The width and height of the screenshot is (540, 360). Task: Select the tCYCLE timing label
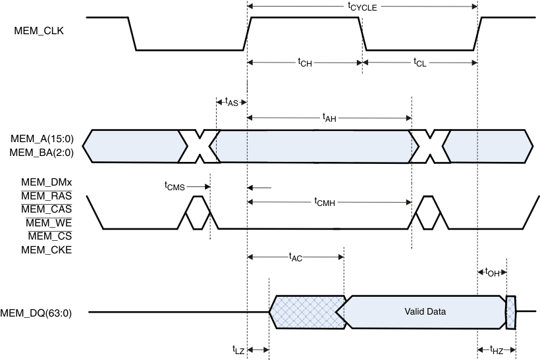point(362,7)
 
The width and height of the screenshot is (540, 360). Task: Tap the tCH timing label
point(304,63)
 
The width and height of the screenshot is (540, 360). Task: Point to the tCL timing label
point(419,63)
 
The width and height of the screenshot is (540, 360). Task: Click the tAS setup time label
point(231,102)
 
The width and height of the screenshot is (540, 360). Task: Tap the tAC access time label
point(295,257)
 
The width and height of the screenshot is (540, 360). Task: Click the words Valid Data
point(425,311)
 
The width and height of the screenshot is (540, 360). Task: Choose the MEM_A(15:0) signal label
point(41,139)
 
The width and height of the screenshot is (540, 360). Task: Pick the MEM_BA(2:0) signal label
point(41,153)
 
